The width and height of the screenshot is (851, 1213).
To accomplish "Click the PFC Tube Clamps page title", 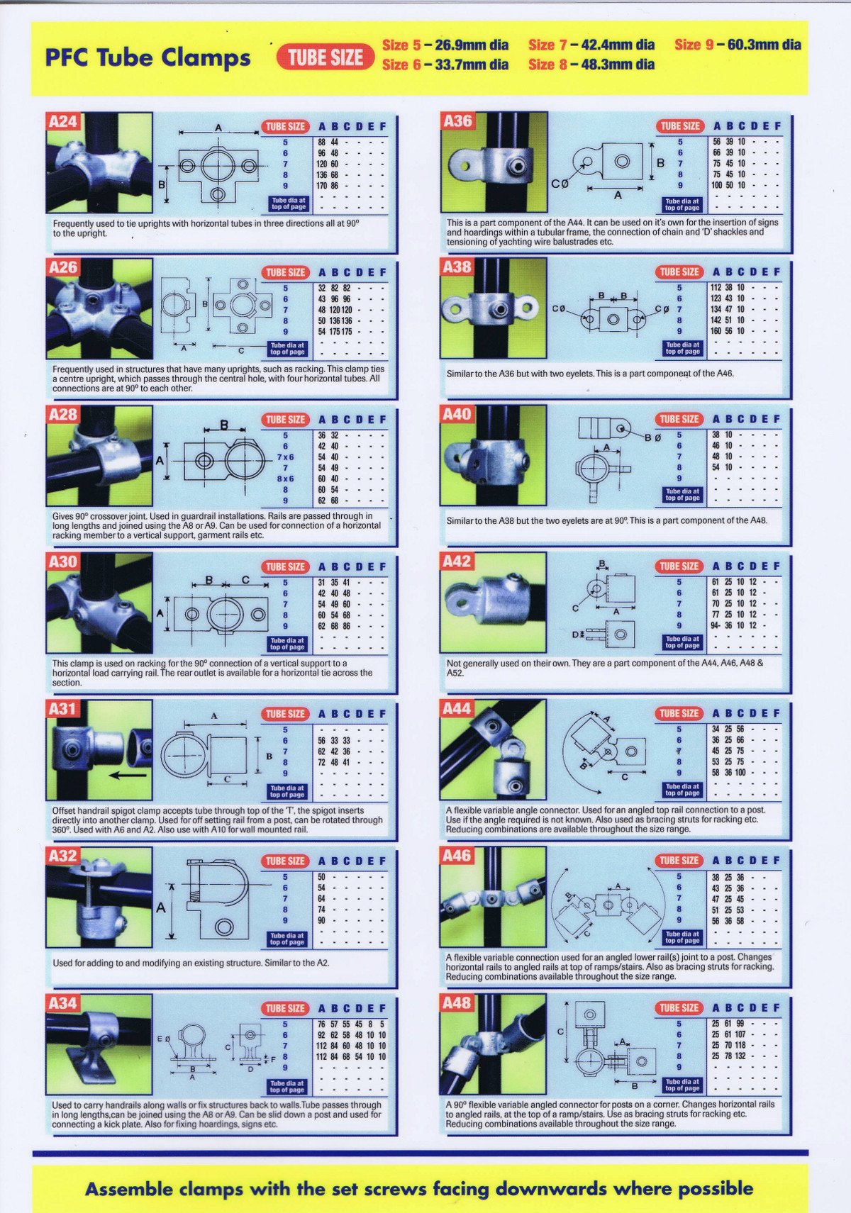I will coord(148,57).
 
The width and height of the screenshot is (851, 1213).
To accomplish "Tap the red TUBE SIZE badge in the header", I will coord(326,57).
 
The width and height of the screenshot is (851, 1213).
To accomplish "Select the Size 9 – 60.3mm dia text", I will coord(738,45).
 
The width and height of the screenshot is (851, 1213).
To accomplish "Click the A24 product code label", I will coord(62,121).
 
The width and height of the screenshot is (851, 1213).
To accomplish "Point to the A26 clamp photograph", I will coord(99,309).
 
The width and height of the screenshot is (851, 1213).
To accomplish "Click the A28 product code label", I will coord(62,414).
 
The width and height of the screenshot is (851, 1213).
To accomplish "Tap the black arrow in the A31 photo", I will coord(128,776).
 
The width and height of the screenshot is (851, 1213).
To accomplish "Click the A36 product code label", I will coord(457,121).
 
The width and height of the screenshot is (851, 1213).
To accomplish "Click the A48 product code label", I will coord(457,1002).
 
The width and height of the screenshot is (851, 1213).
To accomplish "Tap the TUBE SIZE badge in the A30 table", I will coord(285,567).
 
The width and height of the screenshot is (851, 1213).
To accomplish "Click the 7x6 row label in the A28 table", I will coord(285,457).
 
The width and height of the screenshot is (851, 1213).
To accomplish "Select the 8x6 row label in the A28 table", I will coord(285,479).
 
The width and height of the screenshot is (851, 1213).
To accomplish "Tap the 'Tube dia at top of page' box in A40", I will coord(682,495).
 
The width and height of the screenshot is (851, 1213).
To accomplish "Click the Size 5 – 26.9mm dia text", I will coord(445,45).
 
